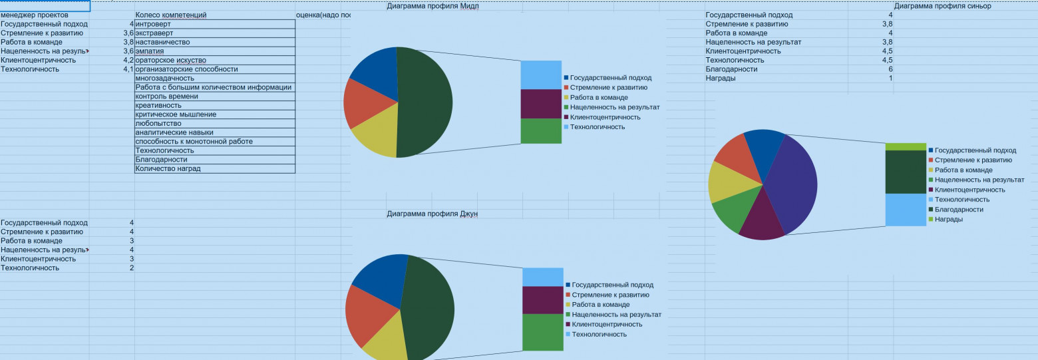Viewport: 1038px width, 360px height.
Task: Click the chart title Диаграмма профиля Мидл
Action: coord(432,7)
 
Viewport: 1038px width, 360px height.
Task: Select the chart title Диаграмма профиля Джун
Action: coord(432,214)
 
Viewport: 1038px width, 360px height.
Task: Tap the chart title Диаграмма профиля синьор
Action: coord(942,7)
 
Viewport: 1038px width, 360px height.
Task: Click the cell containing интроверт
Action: coord(153,25)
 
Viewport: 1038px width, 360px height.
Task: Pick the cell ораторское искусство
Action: coord(170,61)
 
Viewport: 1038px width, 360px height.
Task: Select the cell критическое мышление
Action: coord(176,114)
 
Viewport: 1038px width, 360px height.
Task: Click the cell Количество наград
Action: coord(168,169)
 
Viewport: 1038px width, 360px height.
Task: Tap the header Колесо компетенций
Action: coord(171,15)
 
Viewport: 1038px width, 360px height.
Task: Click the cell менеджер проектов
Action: coord(35,15)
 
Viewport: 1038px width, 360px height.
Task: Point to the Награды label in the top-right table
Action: coord(721,79)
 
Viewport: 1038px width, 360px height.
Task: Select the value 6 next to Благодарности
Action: coord(890,69)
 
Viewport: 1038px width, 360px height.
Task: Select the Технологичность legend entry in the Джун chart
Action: coord(599,335)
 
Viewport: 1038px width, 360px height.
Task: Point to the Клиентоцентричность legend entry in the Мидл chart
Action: coord(605,117)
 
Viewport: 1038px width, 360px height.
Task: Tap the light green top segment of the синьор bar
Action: coord(906,147)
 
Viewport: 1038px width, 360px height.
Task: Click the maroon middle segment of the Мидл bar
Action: coord(541,104)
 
